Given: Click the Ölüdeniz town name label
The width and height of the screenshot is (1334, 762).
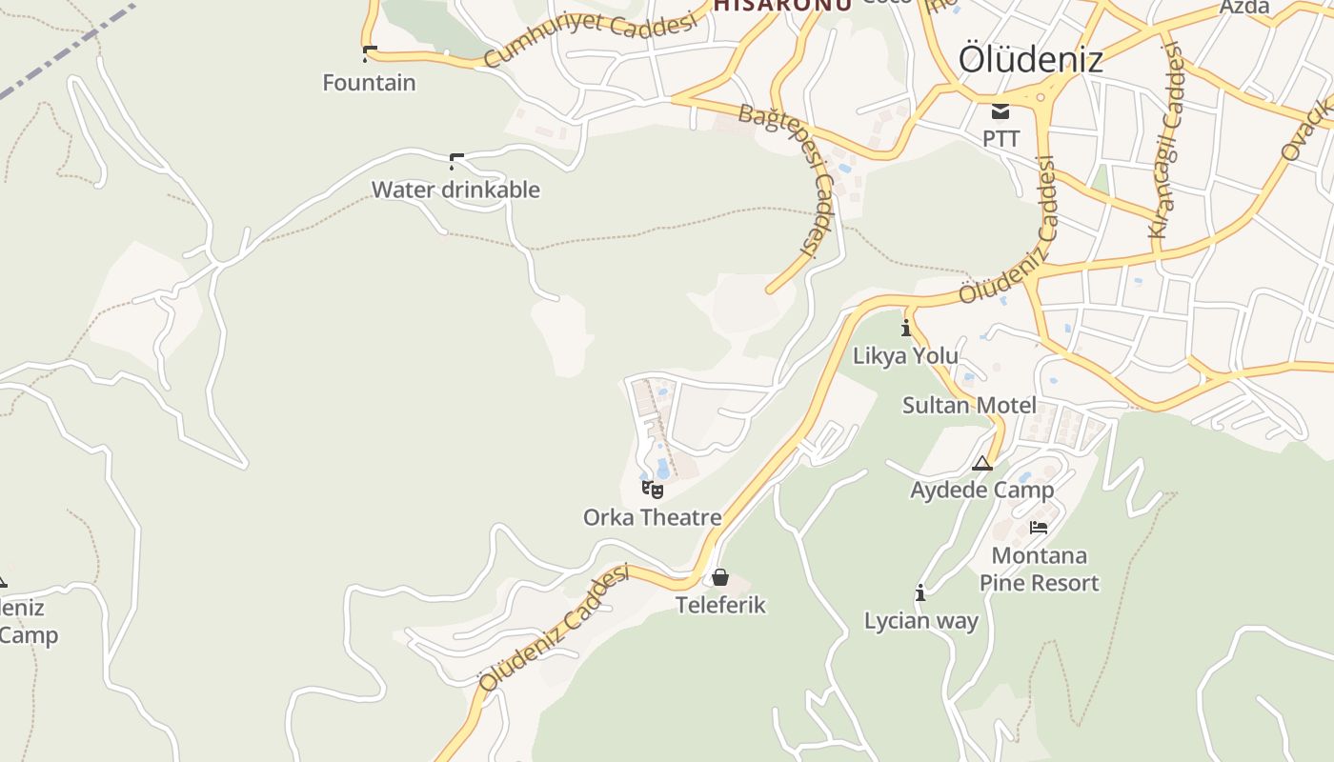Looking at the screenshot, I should click(x=1030, y=59).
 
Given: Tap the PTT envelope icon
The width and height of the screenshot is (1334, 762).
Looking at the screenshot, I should click(x=1000, y=110).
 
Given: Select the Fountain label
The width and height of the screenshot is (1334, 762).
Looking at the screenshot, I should click(x=369, y=83).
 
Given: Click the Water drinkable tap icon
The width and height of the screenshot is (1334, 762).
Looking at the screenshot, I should click(x=456, y=161).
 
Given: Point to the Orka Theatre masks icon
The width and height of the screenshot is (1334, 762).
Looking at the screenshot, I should click(x=653, y=490).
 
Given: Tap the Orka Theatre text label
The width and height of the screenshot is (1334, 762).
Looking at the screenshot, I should click(x=652, y=517).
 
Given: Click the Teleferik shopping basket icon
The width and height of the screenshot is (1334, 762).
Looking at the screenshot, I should click(x=720, y=577).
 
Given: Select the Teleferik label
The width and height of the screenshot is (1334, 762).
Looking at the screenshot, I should click(x=720, y=605).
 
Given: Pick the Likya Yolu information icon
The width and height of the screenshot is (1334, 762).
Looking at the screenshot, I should click(x=905, y=329).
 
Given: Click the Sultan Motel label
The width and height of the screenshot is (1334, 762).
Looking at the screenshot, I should click(x=969, y=406).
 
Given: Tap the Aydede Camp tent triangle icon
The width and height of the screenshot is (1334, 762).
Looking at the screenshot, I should click(x=982, y=464).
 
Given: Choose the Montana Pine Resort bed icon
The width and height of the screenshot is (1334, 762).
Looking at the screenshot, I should click(x=1039, y=527).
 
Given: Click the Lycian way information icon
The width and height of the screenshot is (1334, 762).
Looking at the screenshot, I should click(x=920, y=593).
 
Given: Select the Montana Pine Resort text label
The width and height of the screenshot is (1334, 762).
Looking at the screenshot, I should click(x=1039, y=569).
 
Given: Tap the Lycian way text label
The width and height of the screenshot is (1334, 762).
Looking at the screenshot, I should click(x=920, y=621).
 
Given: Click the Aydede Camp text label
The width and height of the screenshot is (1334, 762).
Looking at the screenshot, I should click(x=981, y=491).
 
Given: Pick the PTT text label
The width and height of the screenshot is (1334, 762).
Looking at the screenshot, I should click(x=1000, y=138).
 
